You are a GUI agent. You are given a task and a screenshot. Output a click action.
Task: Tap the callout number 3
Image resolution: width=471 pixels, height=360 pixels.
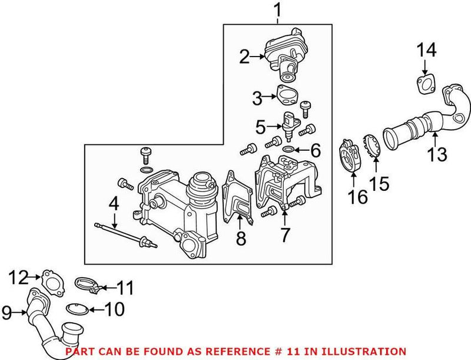257,98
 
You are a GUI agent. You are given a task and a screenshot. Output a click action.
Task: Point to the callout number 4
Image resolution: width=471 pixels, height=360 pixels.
114,204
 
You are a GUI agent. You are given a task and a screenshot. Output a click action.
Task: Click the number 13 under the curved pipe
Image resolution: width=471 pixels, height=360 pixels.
439,155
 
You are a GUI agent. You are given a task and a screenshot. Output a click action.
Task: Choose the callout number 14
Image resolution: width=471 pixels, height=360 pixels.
428,51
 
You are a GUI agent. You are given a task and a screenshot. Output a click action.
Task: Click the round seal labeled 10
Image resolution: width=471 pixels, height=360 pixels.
78,308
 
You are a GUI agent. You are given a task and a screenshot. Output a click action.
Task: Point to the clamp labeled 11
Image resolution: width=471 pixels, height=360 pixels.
87,286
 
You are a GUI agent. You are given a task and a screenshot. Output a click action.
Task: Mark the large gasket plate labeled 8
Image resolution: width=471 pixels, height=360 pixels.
238,198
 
